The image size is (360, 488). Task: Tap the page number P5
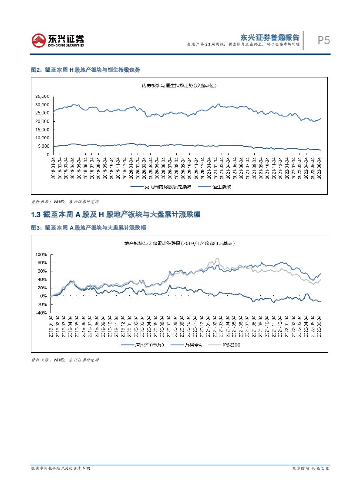tap(323, 41)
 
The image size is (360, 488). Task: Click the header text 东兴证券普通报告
tap(270, 37)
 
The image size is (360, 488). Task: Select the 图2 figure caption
tap(85, 70)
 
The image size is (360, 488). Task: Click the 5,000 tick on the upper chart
tap(44, 146)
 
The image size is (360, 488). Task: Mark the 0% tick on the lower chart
tap(43, 296)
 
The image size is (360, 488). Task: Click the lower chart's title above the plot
tap(180, 243)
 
